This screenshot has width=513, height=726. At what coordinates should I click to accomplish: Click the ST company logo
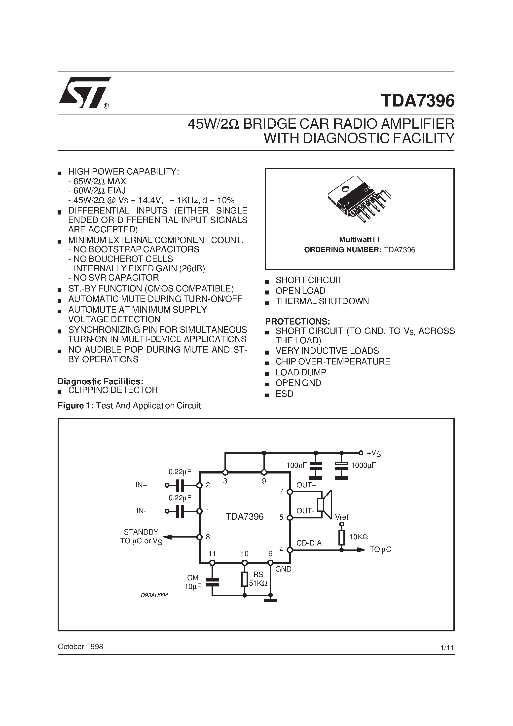pyautogui.click(x=84, y=92)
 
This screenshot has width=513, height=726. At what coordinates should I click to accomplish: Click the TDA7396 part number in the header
pyautogui.click(x=417, y=101)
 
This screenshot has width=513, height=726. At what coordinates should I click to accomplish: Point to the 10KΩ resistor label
pyautogui.click(x=358, y=537)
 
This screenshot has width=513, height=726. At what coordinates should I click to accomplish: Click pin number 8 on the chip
pyautogui.click(x=208, y=537)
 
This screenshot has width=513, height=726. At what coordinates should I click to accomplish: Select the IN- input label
pyautogui.click(x=141, y=511)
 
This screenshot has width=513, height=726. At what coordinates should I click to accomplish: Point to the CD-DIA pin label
pyautogui.click(x=309, y=543)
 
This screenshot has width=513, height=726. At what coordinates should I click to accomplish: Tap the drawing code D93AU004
pyautogui.click(x=154, y=595)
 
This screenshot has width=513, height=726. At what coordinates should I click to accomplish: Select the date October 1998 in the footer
pyautogui.click(x=80, y=647)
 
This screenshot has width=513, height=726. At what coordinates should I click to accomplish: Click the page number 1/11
pyautogui.click(x=447, y=648)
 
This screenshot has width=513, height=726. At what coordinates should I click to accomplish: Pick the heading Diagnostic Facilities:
pyautogui.click(x=101, y=381)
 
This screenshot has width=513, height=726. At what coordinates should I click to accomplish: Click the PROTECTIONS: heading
pyautogui.click(x=297, y=322)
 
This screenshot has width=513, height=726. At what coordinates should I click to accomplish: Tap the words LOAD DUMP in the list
pyautogui.click(x=301, y=372)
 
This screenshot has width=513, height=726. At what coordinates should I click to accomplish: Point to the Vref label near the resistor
pyautogui.click(x=342, y=517)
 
